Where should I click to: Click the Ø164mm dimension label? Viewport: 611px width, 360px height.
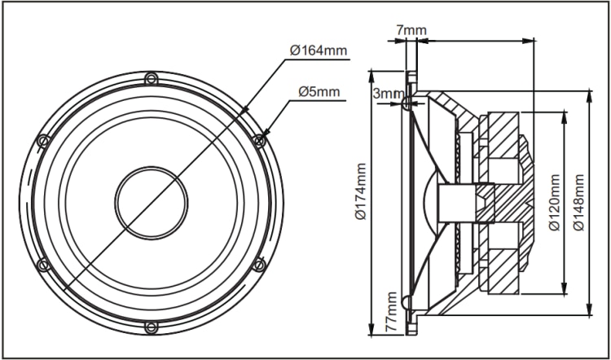(319, 50)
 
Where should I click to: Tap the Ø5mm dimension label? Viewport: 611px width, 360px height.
(319, 90)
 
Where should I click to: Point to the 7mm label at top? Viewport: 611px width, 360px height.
(411, 31)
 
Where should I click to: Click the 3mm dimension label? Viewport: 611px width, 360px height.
(385, 94)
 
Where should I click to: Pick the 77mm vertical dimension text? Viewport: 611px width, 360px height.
(393, 314)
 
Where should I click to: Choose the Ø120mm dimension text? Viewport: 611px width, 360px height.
(554, 202)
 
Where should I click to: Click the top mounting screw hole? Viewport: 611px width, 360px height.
(150, 79)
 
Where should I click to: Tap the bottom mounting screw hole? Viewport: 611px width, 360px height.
(151, 327)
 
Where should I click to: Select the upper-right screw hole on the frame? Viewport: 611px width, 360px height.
(259, 140)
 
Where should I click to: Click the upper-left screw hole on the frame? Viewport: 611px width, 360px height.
(44, 140)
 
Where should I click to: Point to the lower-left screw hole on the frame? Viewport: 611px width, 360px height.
(44, 265)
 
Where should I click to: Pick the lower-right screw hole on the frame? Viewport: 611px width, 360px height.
(259, 265)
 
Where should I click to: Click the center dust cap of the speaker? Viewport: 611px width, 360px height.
(152, 203)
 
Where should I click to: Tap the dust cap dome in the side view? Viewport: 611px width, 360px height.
(430, 202)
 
